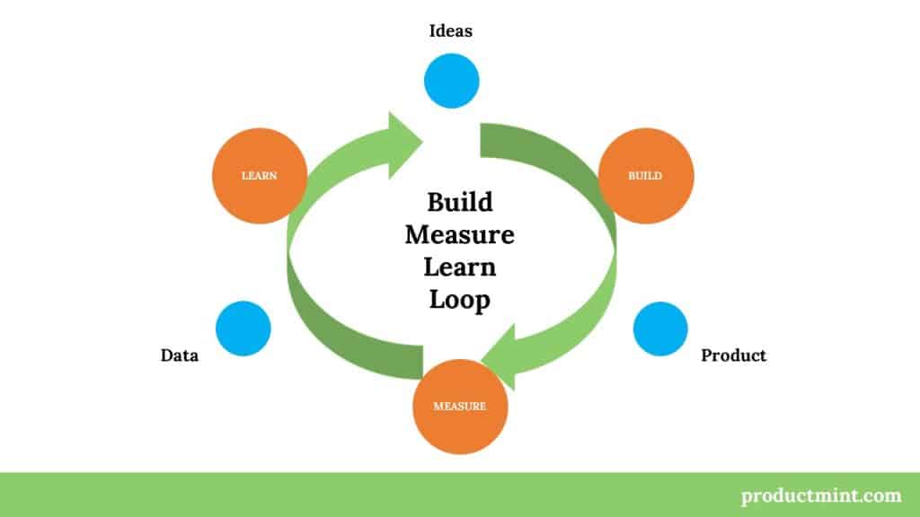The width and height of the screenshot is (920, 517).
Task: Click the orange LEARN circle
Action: (x=259, y=176)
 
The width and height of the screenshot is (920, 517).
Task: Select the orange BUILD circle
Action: (x=646, y=176)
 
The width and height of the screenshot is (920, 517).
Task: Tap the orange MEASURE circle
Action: (x=460, y=406)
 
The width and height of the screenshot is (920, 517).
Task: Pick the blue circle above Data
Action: (x=243, y=328)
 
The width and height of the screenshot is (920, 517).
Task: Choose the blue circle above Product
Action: (x=660, y=329)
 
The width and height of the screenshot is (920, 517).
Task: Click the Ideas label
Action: (x=451, y=31)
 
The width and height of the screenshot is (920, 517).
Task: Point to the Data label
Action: (x=180, y=355)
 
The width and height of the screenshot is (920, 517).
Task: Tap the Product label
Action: (x=733, y=355)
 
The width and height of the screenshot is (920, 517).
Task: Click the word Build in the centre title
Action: (x=460, y=202)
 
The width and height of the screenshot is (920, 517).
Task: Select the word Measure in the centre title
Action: (x=460, y=235)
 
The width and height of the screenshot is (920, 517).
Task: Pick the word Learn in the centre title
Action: (x=460, y=267)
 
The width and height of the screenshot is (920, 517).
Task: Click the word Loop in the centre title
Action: (x=460, y=300)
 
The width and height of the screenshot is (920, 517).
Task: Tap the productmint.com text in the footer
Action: (x=821, y=495)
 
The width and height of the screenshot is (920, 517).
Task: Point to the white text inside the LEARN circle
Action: (x=259, y=176)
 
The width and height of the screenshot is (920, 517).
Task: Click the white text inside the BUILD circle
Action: (x=646, y=176)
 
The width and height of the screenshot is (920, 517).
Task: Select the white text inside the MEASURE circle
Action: (x=460, y=406)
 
